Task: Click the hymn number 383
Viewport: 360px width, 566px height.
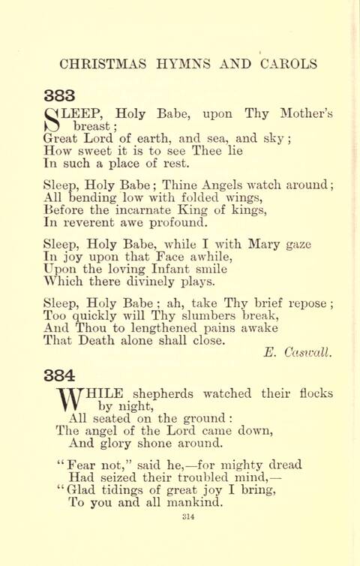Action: click(x=60, y=95)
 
